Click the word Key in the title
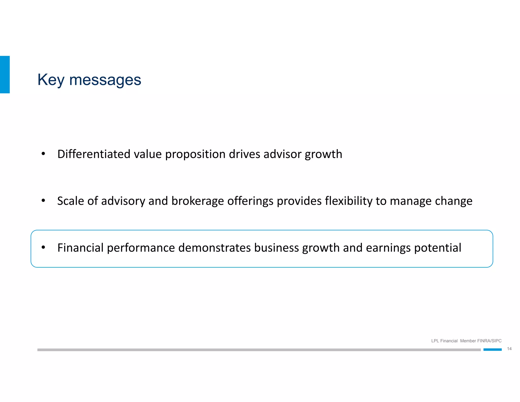tap(51, 80)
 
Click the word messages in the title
tap(105, 80)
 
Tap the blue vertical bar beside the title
tap(5, 74)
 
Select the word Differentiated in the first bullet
tap(94, 154)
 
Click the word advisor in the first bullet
tap(282, 154)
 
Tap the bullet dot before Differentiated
tap(43, 154)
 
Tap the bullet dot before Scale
tap(43, 200)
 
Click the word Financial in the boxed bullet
tap(80, 248)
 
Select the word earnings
tap(388, 248)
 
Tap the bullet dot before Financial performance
tap(43, 247)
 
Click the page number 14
tap(509, 349)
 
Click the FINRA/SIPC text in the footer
tap(489, 341)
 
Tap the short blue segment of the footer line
tap(492, 350)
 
